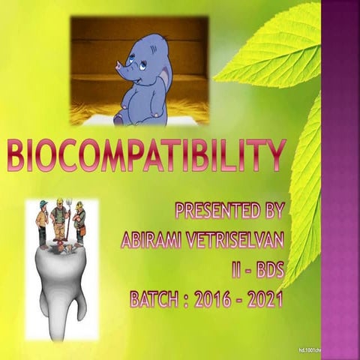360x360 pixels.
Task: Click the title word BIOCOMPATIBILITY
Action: point(147,156)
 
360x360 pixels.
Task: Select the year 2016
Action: point(213,300)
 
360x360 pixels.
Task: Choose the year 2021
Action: point(264,300)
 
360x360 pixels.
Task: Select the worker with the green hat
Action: point(43,220)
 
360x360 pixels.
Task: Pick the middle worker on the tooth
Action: point(61,220)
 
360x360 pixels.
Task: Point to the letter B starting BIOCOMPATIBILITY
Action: point(17,156)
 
